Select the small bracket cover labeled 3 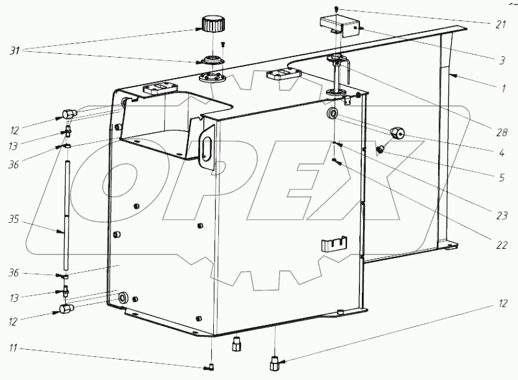tap(340, 26)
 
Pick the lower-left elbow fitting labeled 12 tap(66, 308)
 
